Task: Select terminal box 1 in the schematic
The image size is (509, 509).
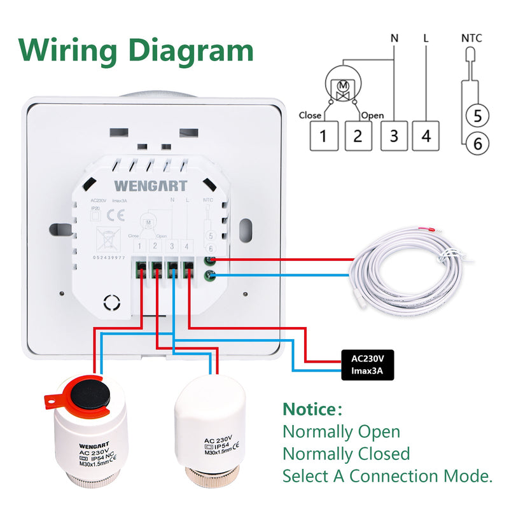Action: (323, 136)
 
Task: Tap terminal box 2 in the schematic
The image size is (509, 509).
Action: (358, 136)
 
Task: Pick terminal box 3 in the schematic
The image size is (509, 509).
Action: (394, 136)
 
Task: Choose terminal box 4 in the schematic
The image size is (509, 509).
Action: (426, 136)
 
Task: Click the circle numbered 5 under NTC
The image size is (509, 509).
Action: (477, 116)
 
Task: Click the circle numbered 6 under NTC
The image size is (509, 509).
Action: (477, 144)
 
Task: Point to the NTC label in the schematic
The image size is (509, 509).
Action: (471, 39)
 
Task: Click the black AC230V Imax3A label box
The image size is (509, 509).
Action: (367, 365)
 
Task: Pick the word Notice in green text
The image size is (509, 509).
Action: (309, 408)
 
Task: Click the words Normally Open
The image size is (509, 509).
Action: (342, 431)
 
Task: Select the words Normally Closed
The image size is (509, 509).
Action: (346, 454)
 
